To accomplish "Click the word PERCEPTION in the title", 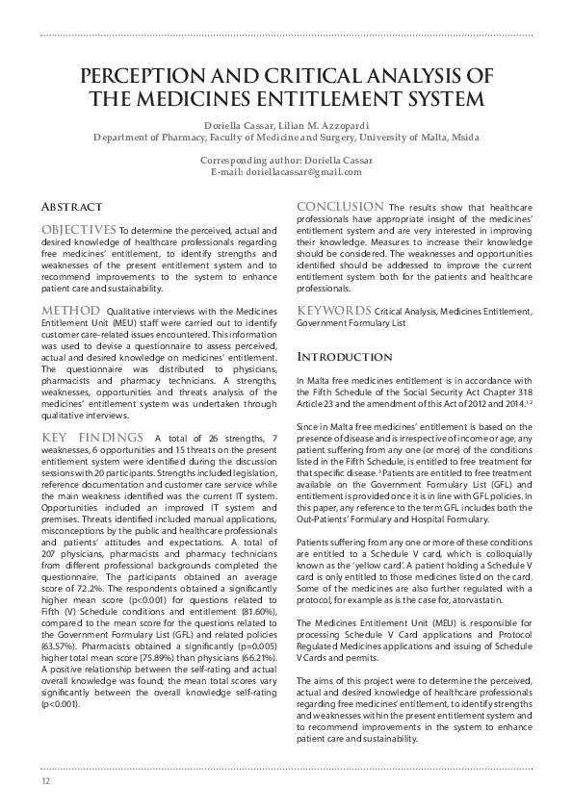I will [x=150, y=76].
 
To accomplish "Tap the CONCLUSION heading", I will [x=340, y=206].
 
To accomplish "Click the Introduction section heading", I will [x=345, y=356].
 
